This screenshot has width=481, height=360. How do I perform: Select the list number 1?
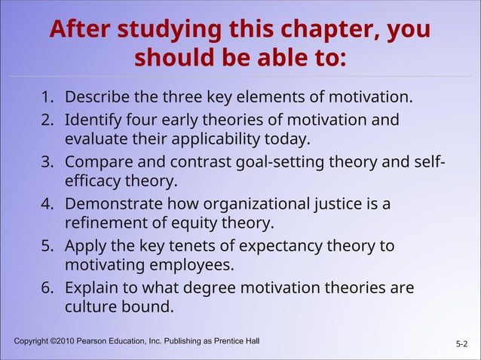coord(47,98)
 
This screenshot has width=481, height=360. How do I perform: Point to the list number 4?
coord(47,204)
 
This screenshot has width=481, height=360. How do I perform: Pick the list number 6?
coord(47,288)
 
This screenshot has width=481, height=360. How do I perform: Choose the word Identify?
coord(94,121)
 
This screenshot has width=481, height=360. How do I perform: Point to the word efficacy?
coord(93,181)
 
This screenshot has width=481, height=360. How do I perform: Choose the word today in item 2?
coord(286,139)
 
